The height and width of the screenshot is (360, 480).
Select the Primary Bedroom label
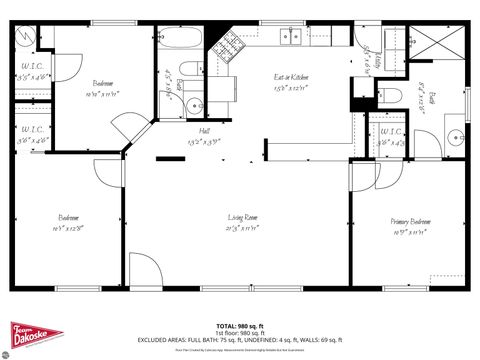click(411, 221)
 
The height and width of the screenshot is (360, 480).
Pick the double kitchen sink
click(290, 36)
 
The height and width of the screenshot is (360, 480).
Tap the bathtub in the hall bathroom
click(180, 42)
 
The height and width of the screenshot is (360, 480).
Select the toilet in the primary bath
click(393, 96)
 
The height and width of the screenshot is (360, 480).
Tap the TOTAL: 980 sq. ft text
click(240, 326)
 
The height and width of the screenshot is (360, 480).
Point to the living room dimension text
click(243, 228)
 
